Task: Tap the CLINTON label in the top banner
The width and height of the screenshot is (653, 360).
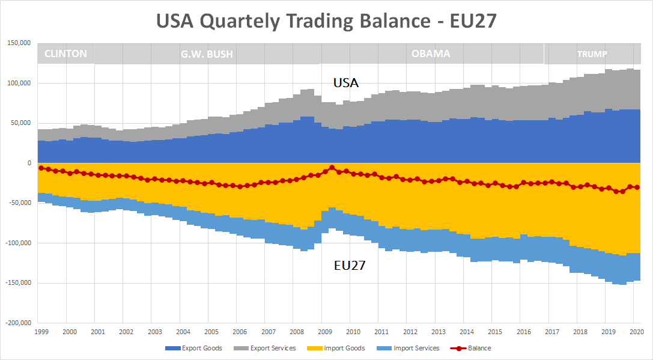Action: [65, 53]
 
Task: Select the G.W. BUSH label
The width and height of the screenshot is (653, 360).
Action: [207, 54]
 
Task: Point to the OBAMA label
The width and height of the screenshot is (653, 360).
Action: [431, 53]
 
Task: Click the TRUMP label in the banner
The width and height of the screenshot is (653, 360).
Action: [592, 54]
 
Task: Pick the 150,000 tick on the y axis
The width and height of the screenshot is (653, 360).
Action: [19, 43]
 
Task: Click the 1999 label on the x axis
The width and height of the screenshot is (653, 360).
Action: [41, 332]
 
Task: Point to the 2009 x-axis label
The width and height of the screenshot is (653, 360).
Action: [325, 332]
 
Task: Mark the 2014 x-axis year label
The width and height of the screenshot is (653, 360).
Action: [467, 332]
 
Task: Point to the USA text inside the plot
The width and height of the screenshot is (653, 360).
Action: [346, 83]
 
